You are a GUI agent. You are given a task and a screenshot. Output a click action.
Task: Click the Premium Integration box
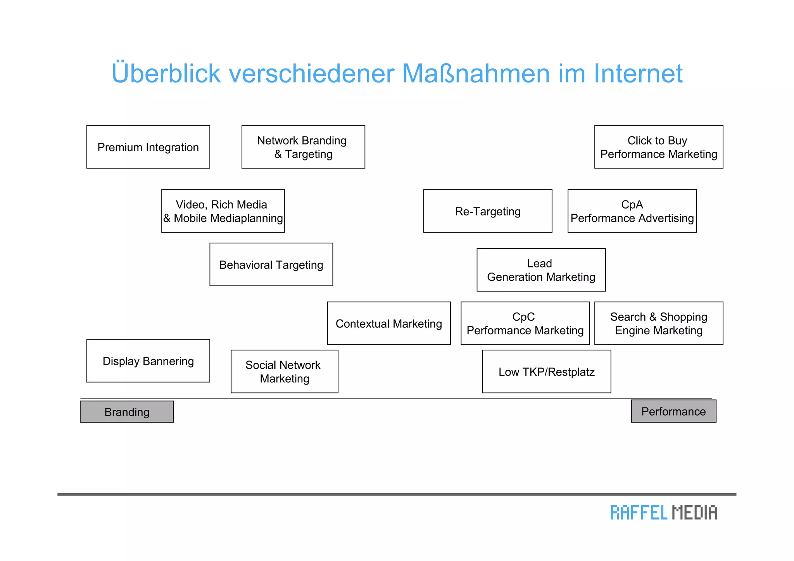[148, 147]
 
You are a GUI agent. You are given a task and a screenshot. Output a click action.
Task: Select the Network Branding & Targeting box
[303, 147]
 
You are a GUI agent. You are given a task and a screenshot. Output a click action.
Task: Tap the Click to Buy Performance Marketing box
[658, 147]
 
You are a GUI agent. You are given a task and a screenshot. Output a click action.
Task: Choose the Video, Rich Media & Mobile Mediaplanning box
[223, 211]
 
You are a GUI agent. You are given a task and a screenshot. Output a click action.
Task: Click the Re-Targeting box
[487, 211]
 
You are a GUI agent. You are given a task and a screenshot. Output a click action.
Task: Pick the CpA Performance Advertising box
[632, 211]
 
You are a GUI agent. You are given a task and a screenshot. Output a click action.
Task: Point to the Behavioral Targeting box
[271, 264]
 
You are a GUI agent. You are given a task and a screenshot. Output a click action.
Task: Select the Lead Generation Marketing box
[541, 270]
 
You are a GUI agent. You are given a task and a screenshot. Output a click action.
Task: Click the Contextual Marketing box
[388, 323]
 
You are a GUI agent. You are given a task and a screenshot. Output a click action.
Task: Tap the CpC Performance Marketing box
[525, 323]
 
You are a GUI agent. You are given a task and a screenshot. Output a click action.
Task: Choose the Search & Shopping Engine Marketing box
[658, 323]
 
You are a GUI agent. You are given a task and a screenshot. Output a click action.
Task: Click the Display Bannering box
[148, 361]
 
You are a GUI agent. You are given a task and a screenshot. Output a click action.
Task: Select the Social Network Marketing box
[284, 371]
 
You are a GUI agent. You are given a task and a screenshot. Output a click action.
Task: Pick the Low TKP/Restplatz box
[546, 371]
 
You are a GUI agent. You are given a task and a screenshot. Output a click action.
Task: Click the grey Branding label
[127, 412]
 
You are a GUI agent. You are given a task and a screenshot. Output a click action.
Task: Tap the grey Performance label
[673, 411]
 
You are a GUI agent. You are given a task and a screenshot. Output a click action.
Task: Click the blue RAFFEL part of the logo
[639, 513]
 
